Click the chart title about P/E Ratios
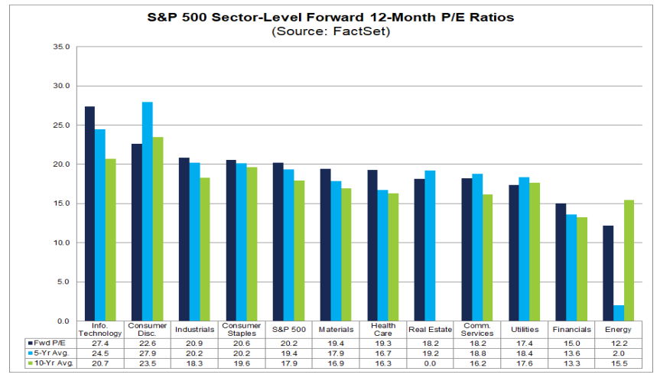point(330,18)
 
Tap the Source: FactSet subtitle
point(331,31)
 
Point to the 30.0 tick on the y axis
point(61,86)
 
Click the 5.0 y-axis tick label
point(63,282)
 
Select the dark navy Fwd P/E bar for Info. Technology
point(89,214)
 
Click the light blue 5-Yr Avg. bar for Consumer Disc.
point(148,211)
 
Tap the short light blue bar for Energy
point(619,313)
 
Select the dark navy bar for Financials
point(561,262)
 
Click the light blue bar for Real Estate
point(430,246)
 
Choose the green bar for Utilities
point(535,252)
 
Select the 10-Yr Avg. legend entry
point(50,363)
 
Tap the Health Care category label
point(383,329)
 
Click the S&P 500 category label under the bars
point(289,329)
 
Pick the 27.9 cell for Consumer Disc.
point(148,353)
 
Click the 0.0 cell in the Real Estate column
point(430,363)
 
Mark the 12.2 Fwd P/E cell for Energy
point(619,343)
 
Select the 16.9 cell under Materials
point(336,363)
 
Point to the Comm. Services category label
point(477,329)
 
